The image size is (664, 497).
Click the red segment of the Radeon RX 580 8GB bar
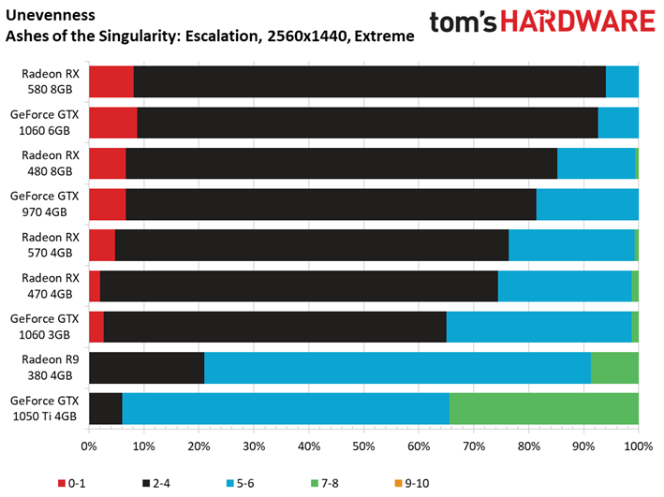tap(111, 81)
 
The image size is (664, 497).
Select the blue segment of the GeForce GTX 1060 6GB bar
tap(618, 123)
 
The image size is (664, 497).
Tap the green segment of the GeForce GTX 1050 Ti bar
tap(544, 408)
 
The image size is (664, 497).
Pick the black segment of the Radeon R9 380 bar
tap(146, 368)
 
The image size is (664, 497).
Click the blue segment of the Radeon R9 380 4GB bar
tap(397, 368)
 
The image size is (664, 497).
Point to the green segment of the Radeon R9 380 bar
tap(614, 368)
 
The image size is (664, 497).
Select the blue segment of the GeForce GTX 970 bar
tap(587, 204)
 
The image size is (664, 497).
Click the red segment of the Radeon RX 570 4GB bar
tap(102, 245)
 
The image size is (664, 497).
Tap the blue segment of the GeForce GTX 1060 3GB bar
tap(539, 327)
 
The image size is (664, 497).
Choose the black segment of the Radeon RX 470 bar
tap(299, 286)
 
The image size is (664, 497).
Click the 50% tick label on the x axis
tap(363, 446)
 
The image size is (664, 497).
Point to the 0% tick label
tap(89, 446)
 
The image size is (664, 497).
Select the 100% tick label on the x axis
tap(639, 446)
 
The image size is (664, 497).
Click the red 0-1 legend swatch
tap(62, 483)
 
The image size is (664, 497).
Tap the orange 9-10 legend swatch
tap(398, 483)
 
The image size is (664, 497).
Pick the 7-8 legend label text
tap(330, 483)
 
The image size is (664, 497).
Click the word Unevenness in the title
tap(51, 15)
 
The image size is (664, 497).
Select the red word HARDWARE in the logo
tap(578, 22)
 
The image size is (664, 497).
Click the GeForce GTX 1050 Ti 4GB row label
tap(44, 408)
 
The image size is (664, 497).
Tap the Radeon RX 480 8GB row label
tap(50, 164)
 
